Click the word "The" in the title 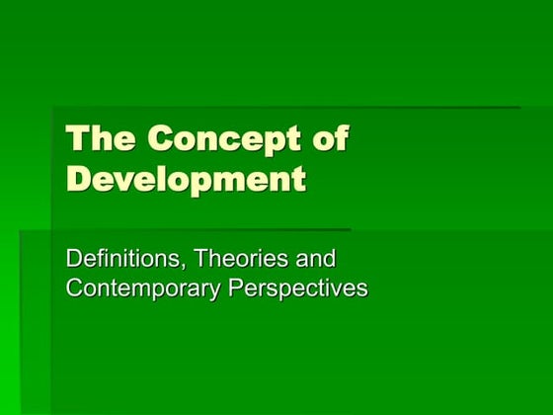point(91,137)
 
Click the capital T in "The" point(75,137)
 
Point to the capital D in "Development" point(78,181)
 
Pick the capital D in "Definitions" point(72,260)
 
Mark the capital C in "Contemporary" point(73,290)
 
